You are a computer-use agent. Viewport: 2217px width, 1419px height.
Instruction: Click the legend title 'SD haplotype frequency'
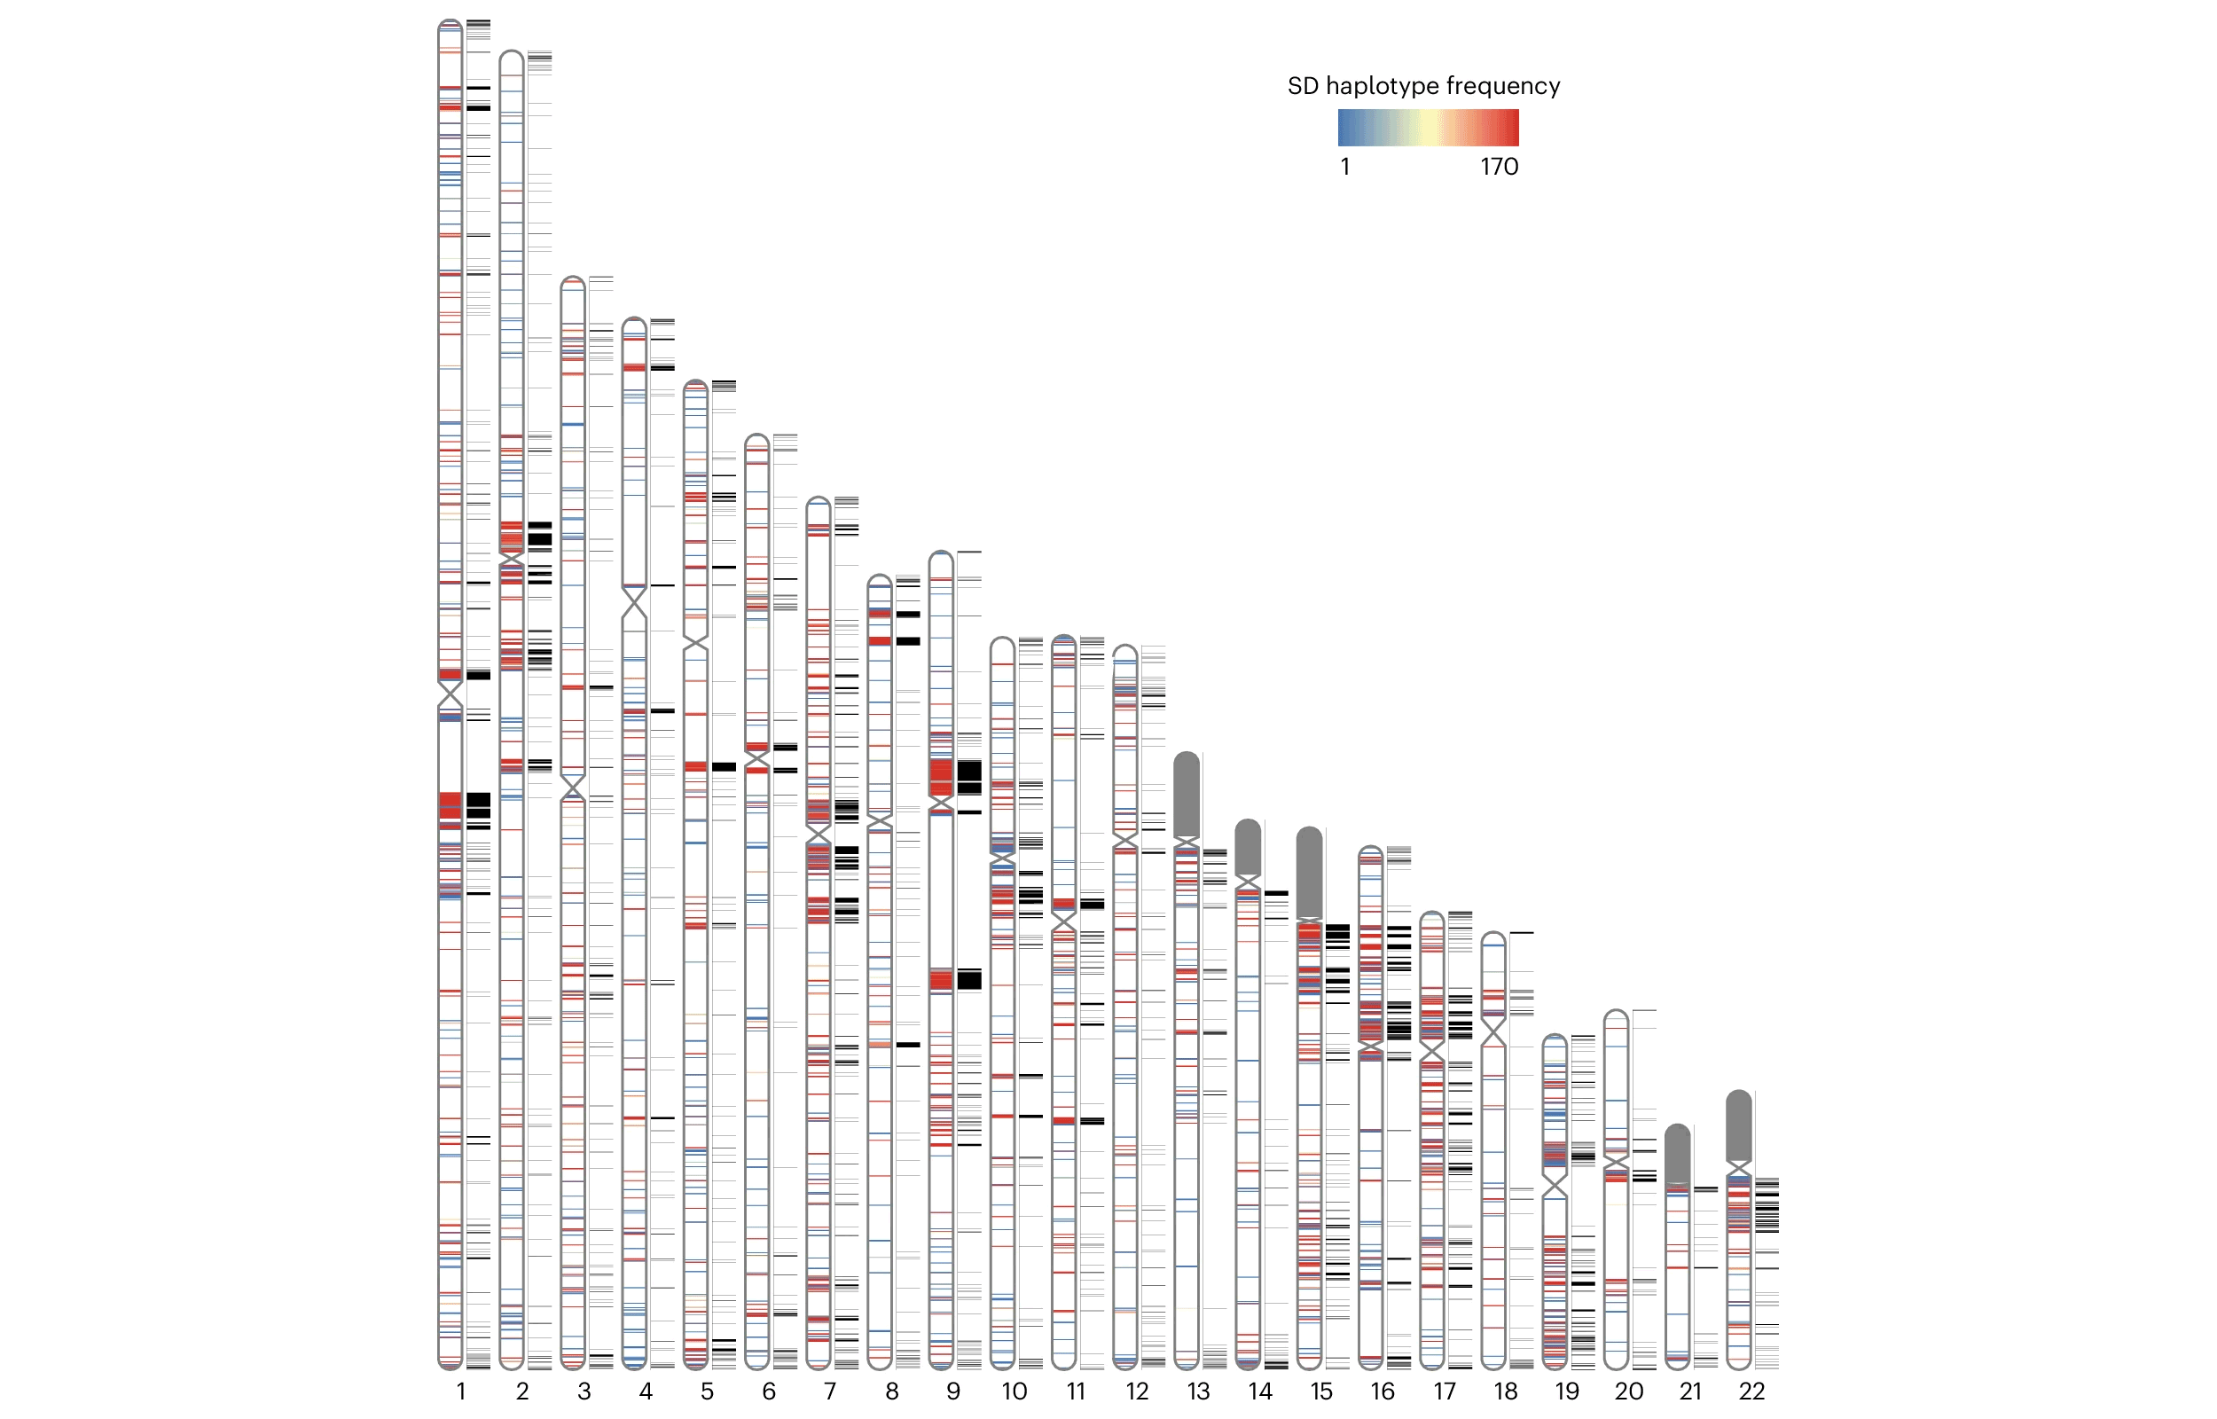pos(1423,86)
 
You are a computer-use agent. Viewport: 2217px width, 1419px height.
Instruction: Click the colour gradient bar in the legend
pos(1428,127)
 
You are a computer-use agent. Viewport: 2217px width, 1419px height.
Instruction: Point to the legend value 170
pos(1499,167)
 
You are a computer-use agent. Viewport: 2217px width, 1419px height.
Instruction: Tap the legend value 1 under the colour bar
pos(1344,167)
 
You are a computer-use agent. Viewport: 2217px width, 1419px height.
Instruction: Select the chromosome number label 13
pos(1198,1392)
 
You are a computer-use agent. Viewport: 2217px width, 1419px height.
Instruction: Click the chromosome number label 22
pos(1751,1392)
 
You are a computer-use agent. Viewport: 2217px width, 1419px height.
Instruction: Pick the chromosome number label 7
pos(830,1392)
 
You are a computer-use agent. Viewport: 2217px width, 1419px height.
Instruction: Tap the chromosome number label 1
pos(460,1392)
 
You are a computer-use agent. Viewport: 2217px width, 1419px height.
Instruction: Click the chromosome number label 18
pos(1505,1392)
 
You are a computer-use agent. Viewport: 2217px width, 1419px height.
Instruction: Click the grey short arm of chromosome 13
pos(1187,793)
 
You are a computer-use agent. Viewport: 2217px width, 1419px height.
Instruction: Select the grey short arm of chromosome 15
pos(1309,871)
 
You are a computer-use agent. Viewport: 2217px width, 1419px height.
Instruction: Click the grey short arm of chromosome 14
pos(1247,846)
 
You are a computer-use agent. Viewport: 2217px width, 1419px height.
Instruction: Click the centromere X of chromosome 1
pos(450,694)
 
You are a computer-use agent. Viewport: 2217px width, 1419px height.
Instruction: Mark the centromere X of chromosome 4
pos(634,602)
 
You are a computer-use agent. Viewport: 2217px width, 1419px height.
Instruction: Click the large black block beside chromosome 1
pos(478,805)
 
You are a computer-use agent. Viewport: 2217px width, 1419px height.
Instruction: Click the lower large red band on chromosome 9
pos(940,979)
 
